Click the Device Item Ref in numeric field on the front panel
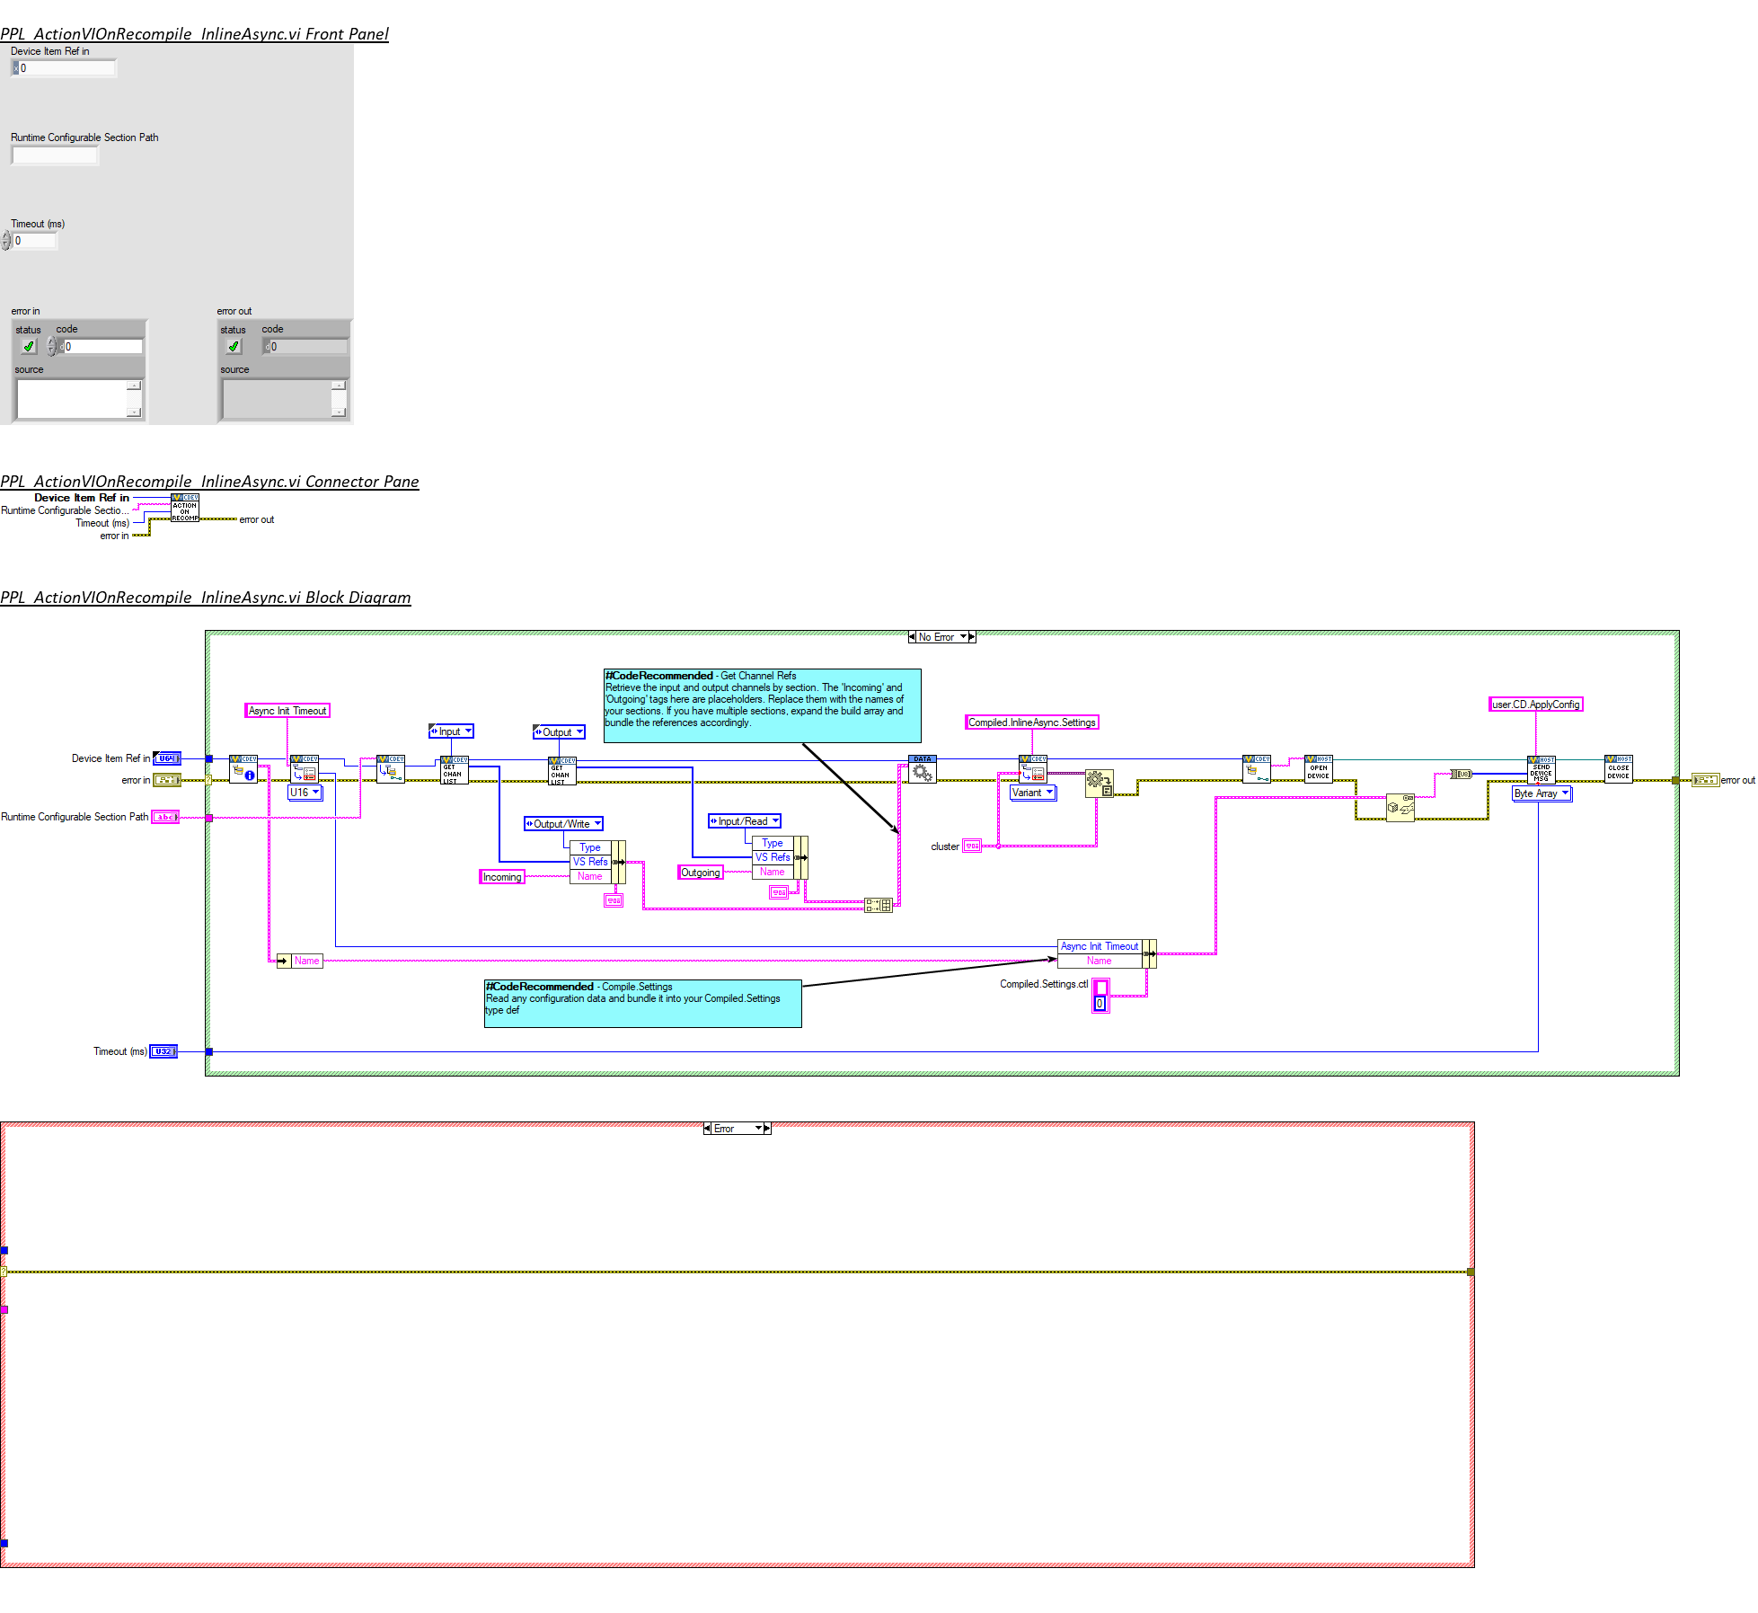[67, 68]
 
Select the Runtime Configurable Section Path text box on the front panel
[55, 155]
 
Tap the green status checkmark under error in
[29, 347]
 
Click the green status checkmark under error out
[234, 347]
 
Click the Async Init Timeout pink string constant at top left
[287, 711]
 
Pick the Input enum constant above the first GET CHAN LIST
[451, 731]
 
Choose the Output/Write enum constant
[563, 824]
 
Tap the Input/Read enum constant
[745, 821]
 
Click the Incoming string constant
[502, 877]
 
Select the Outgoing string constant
[701, 873]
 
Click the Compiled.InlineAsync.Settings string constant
[1032, 722]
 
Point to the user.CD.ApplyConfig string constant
[1536, 705]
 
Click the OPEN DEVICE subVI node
[1318, 769]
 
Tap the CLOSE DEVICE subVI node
[1618, 769]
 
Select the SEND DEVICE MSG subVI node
[1542, 770]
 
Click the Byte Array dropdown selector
[1542, 793]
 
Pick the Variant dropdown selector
[1033, 793]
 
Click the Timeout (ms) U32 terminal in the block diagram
[163, 1051]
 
